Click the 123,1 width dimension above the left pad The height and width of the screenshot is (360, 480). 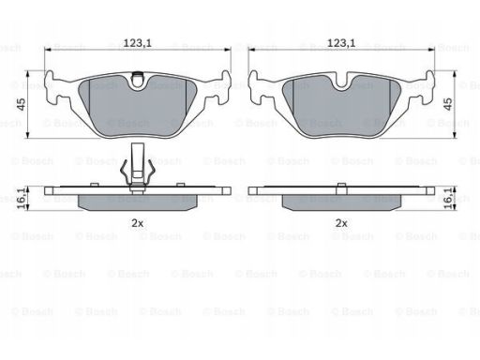pos(137,43)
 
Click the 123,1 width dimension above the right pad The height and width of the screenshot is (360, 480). pos(341,43)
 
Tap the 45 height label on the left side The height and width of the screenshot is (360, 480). pos(22,104)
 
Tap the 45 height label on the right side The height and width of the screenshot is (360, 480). pos(448,104)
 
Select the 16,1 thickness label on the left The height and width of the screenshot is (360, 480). pos(22,199)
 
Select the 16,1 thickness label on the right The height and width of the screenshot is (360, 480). pos(448,199)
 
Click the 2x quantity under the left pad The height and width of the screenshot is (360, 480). pos(137,223)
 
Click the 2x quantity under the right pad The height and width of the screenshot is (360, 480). pos(341,223)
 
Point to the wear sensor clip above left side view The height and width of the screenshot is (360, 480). pos(138,167)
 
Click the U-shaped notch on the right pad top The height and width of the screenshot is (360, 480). pos(341,82)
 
